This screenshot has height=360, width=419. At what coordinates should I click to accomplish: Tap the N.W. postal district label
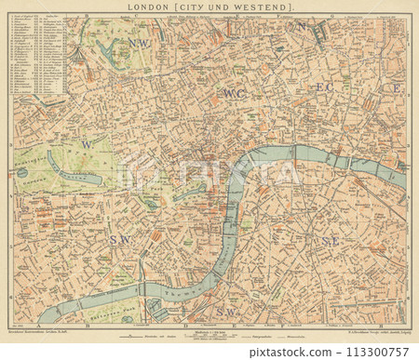(x=140, y=44)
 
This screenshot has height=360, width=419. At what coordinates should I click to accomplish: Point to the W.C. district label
(x=234, y=94)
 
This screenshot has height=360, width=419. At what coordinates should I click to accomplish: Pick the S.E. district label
(x=330, y=241)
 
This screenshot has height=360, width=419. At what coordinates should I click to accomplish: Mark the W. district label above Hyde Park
(x=87, y=144)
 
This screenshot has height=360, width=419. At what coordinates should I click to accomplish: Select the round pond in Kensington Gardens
(x=22, y=172)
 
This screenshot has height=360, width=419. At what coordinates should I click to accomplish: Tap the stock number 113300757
(x=373, y=352)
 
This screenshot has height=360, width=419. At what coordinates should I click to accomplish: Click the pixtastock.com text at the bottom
(x=209, y=352)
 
